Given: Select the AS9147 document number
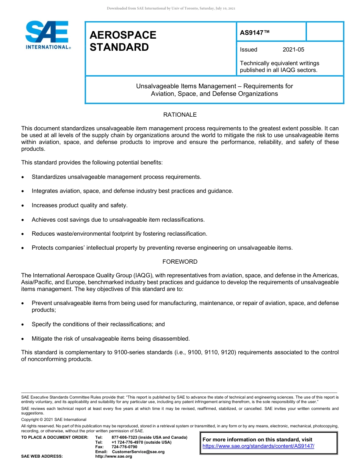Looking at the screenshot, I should click(255, 33).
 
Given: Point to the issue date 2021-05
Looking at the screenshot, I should click(293, 50).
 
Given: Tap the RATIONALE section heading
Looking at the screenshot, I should click(180, 115).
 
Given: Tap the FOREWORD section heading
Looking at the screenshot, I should click(180, 262).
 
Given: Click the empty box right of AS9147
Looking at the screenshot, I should click(324, 31).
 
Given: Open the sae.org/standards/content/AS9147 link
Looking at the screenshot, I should click(258, 446).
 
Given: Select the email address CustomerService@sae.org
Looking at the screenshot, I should click(138, 452).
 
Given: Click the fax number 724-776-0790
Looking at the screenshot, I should click(124, 447).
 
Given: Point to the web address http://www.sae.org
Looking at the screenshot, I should click(114, 457).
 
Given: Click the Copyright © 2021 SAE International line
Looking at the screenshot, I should click(54, 419).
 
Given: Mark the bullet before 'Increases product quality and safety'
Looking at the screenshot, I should click(23, 206).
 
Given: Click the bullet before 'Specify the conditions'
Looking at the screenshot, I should click(23, 325).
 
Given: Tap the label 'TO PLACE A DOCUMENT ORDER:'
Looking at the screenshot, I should click(55, 438).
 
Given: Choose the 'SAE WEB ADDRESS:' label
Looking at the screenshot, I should click(42, 457).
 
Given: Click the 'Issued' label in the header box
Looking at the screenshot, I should click(249, 50).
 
